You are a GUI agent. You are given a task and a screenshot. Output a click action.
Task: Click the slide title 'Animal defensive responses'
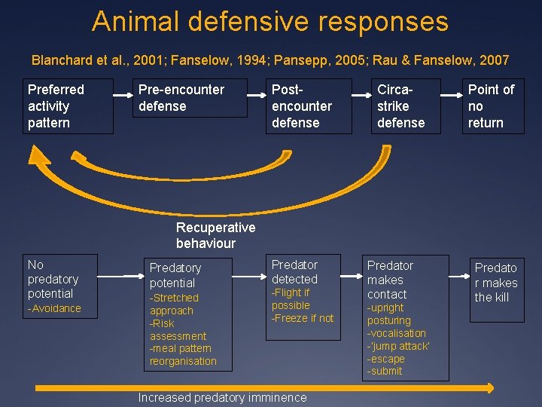tap(270, 21)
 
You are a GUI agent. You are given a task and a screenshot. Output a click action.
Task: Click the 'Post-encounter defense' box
tap(308, 106)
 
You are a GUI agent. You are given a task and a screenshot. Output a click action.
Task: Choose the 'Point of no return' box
tap(492, 106)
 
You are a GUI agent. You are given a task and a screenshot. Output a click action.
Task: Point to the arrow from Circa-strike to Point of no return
tap(449, 96)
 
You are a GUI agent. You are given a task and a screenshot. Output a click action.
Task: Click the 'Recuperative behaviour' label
tap(215, 235)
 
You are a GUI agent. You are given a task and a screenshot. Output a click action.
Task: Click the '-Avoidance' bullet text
tap(54, 308)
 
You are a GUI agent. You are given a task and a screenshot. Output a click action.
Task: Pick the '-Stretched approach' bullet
tap(174, 304)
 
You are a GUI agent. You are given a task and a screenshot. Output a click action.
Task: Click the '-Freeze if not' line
tap(303, 318)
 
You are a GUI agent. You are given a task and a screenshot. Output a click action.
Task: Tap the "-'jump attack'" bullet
tap(398, 346)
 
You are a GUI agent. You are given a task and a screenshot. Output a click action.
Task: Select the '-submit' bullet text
tap(385, 371)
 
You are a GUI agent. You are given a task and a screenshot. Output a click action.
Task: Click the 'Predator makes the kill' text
tap(495, 283)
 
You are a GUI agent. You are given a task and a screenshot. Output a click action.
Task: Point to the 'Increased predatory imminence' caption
tap(222, 397)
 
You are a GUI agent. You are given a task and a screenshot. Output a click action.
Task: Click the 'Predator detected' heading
tap(294, 271)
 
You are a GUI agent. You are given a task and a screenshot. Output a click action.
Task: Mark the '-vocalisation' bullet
tap(397, 333)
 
